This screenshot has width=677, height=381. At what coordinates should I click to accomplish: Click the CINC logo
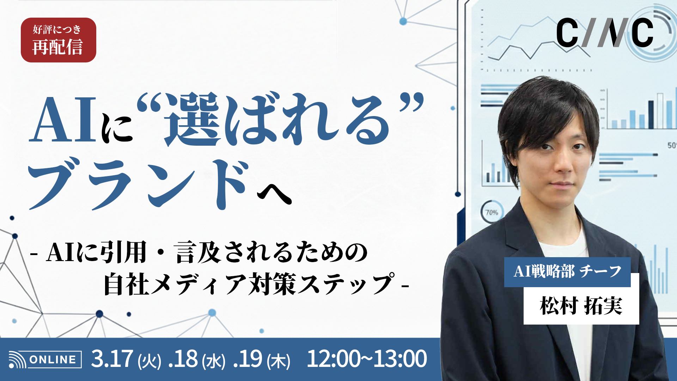point(604,34)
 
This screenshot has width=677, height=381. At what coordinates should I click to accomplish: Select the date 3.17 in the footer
point(112,359)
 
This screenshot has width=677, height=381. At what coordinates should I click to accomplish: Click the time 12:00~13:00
point(367,359)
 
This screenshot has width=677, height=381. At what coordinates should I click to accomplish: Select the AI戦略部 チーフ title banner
point(567,272)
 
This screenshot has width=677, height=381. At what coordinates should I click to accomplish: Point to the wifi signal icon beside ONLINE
point(17,360)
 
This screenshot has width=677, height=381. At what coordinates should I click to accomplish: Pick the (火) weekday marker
point(150,361)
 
